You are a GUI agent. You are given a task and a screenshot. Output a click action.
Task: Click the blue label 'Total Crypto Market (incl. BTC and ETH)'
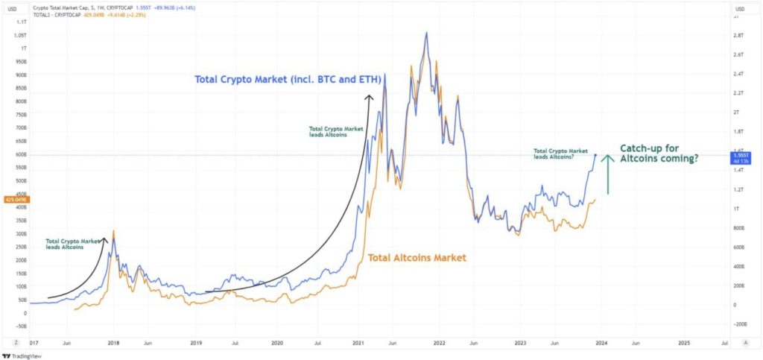(x=288, y=79)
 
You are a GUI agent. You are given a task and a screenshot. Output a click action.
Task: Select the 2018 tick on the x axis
(x=113, y=344)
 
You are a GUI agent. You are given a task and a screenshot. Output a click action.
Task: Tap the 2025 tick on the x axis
(x=684, y=344)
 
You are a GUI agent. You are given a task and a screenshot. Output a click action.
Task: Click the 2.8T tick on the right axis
(x=739, y=36)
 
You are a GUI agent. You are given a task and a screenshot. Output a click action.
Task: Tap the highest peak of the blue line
(x=426, y=33)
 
